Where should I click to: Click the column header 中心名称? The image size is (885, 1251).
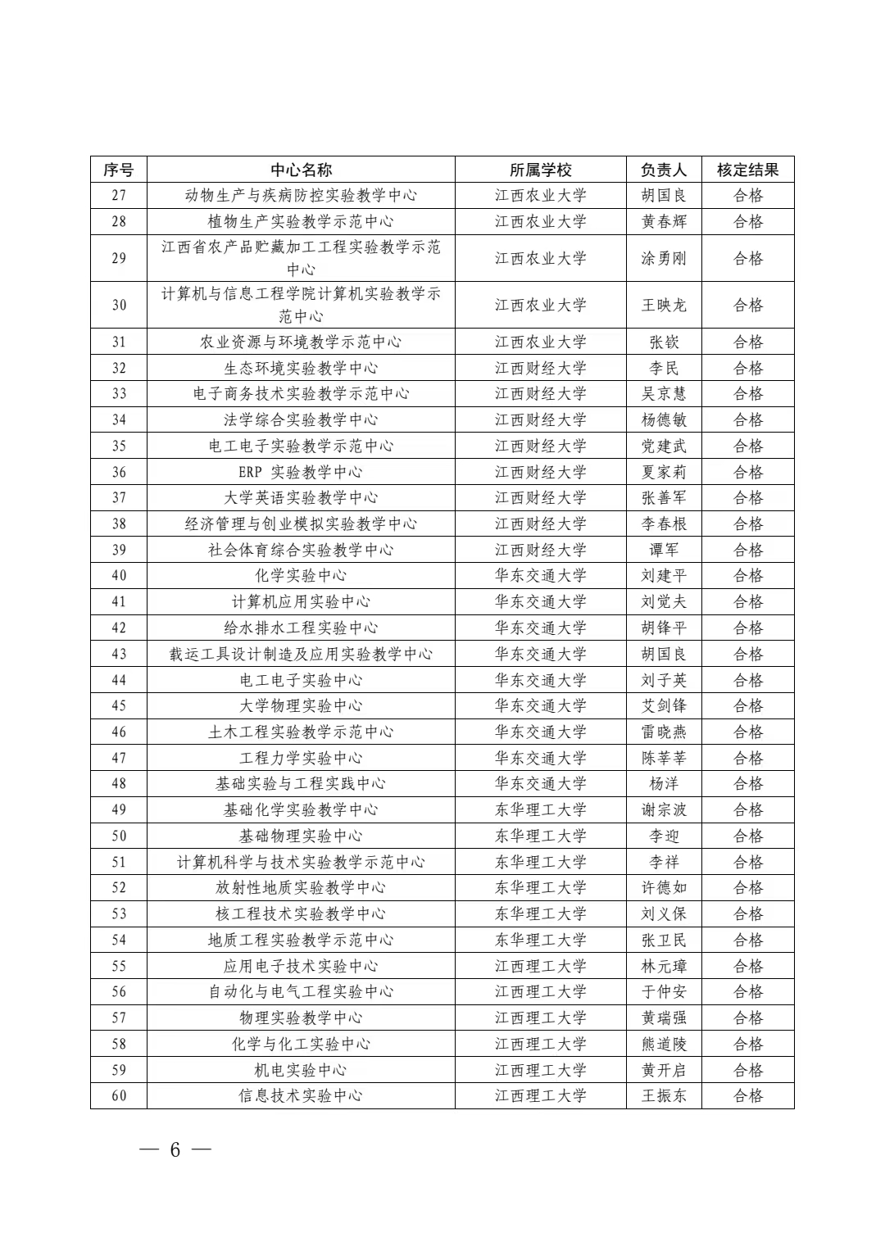[301, 170]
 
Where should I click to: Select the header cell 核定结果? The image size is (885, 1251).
[747, 170]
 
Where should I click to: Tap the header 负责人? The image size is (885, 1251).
[664, 170]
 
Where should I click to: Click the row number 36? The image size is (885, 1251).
[119, 472]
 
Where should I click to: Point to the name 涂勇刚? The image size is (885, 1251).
[664, 258]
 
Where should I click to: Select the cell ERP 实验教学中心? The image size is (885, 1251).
[301, 472]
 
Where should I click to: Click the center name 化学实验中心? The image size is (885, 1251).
[301, 575]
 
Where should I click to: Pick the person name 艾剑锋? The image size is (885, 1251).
[664, 705]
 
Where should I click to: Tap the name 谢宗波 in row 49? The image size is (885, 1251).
[664, 809]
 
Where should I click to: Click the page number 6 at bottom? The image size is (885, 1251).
[175, 1149]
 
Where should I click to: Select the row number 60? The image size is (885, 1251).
[119, 1095]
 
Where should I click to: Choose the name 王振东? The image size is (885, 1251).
[664, 1095]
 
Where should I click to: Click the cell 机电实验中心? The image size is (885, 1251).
[301, 1070]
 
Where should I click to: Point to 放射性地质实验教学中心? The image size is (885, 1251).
[301, 887]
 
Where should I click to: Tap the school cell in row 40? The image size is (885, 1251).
[541, 575]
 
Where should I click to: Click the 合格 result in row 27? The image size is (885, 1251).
[747, 195]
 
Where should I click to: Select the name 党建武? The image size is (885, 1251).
[664, 446]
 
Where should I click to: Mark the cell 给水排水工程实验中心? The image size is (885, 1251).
[301, 628]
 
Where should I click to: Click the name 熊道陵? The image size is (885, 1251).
[664, 1044]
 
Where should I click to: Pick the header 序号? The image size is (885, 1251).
[119, 170]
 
